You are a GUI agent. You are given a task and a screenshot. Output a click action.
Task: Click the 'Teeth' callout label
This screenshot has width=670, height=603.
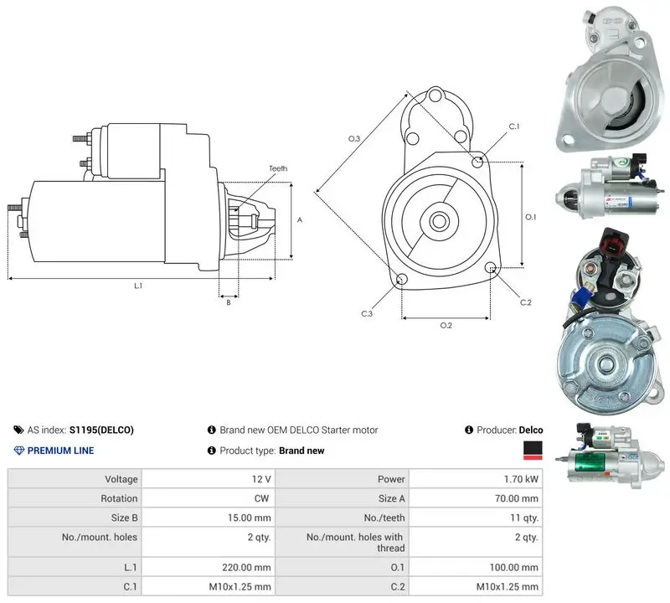click(278, 168)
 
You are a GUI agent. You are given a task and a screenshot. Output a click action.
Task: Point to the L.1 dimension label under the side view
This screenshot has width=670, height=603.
click(138, 286)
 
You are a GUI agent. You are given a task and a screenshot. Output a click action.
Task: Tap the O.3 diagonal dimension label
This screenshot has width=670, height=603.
click(354, 138)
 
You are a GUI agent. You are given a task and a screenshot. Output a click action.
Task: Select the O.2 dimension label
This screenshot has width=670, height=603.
click(446, 325)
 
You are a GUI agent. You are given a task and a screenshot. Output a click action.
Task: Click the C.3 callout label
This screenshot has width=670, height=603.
click(367, 314)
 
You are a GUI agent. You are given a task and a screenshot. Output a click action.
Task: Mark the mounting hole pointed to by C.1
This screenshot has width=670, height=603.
click(477, 162)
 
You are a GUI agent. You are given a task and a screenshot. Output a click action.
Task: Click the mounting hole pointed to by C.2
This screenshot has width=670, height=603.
click(491, 267)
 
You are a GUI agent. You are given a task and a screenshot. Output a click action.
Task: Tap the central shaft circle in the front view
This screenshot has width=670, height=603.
click(438, 221)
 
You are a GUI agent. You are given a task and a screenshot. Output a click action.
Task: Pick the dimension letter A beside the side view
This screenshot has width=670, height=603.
click(300, 219)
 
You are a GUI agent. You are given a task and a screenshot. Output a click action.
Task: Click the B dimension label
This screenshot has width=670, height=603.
click(229, 302)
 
